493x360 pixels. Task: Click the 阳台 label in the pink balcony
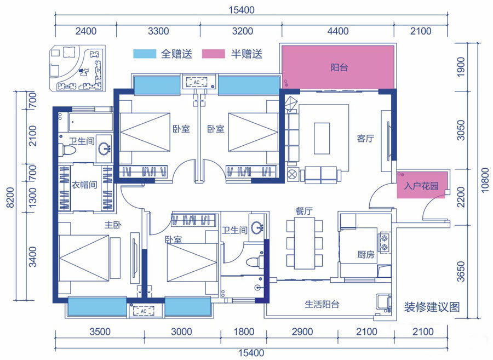pos(339,67)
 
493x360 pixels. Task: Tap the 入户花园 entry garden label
pos(421,186)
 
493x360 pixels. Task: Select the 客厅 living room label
pos(365,138)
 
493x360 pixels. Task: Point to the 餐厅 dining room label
pos(303,210)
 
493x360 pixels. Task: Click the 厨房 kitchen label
pos(366,254)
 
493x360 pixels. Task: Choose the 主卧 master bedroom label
pos(113,225)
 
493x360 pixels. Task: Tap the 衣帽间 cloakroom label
pos(84,185)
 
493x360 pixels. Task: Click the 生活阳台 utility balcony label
pos(322,304)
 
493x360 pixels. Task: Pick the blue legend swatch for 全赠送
pos(145,54)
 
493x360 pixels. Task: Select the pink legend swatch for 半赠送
pos(214,54)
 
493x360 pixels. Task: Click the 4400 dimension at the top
pos(338,31)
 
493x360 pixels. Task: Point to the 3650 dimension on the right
pos(461,271)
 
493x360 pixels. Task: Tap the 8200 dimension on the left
pos(10,197)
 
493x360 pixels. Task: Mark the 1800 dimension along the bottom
pos(244,332)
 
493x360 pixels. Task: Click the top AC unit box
pos(197,82)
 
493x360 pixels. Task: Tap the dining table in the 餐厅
pos(305,243)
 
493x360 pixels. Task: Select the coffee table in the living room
pos(322,138)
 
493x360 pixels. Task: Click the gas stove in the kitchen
pos(384,243)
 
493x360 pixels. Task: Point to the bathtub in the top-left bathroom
pos(90,122)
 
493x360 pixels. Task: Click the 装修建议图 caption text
pos(432,307)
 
